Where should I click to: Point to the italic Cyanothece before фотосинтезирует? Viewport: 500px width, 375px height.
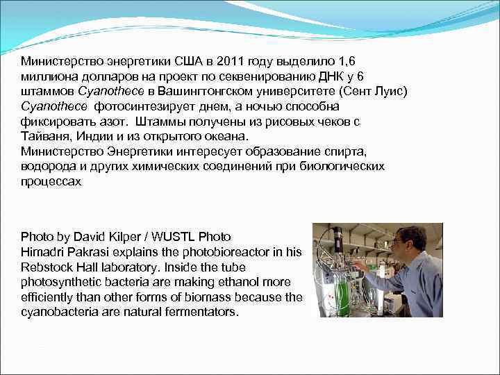[x=54, y=106]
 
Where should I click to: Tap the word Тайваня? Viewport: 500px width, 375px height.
[x=44, y=137]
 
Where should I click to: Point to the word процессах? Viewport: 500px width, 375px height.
[x=51, y=182]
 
